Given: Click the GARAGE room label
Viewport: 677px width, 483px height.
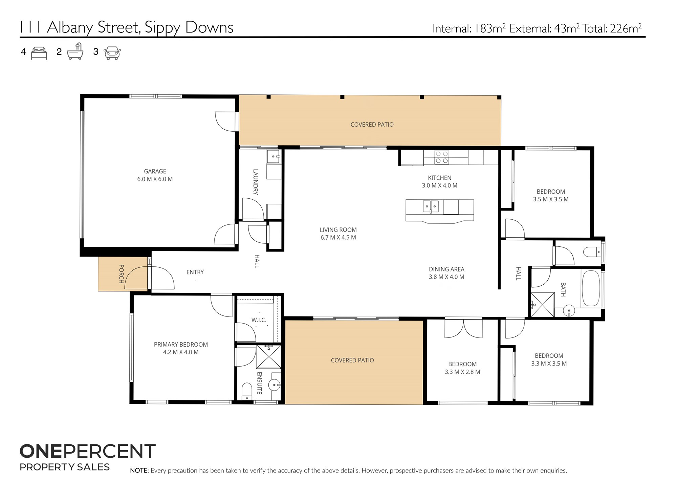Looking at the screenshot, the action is point(155,171).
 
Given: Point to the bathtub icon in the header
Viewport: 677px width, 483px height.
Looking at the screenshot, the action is point(75,51).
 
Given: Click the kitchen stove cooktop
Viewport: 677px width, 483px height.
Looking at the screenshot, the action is point(441,157).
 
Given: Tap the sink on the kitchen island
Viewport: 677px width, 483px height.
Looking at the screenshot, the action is point(431,206).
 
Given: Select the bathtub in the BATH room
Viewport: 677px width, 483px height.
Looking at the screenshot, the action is point(591,288).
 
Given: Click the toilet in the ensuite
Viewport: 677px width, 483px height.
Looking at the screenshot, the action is point(247,391).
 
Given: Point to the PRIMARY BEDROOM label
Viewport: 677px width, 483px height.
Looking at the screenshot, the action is point(181,345).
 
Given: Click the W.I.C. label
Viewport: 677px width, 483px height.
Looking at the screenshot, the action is point(259,320).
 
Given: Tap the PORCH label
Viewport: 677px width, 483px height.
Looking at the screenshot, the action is point(121,274).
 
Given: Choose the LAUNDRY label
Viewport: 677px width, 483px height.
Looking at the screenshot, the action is point(256,182).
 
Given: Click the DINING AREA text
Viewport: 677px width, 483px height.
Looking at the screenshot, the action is point(446,269).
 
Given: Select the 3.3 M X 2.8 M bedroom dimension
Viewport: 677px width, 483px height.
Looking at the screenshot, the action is point(462,372).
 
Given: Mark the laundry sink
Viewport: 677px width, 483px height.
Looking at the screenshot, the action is point(273,157).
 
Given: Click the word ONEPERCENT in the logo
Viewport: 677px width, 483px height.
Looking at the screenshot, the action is point(88,451).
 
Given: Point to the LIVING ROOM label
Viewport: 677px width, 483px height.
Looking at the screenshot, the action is point(338,230).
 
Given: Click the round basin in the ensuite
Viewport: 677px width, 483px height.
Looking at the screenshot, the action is point(274,385).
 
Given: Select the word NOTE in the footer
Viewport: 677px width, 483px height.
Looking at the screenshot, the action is point(139,470).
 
